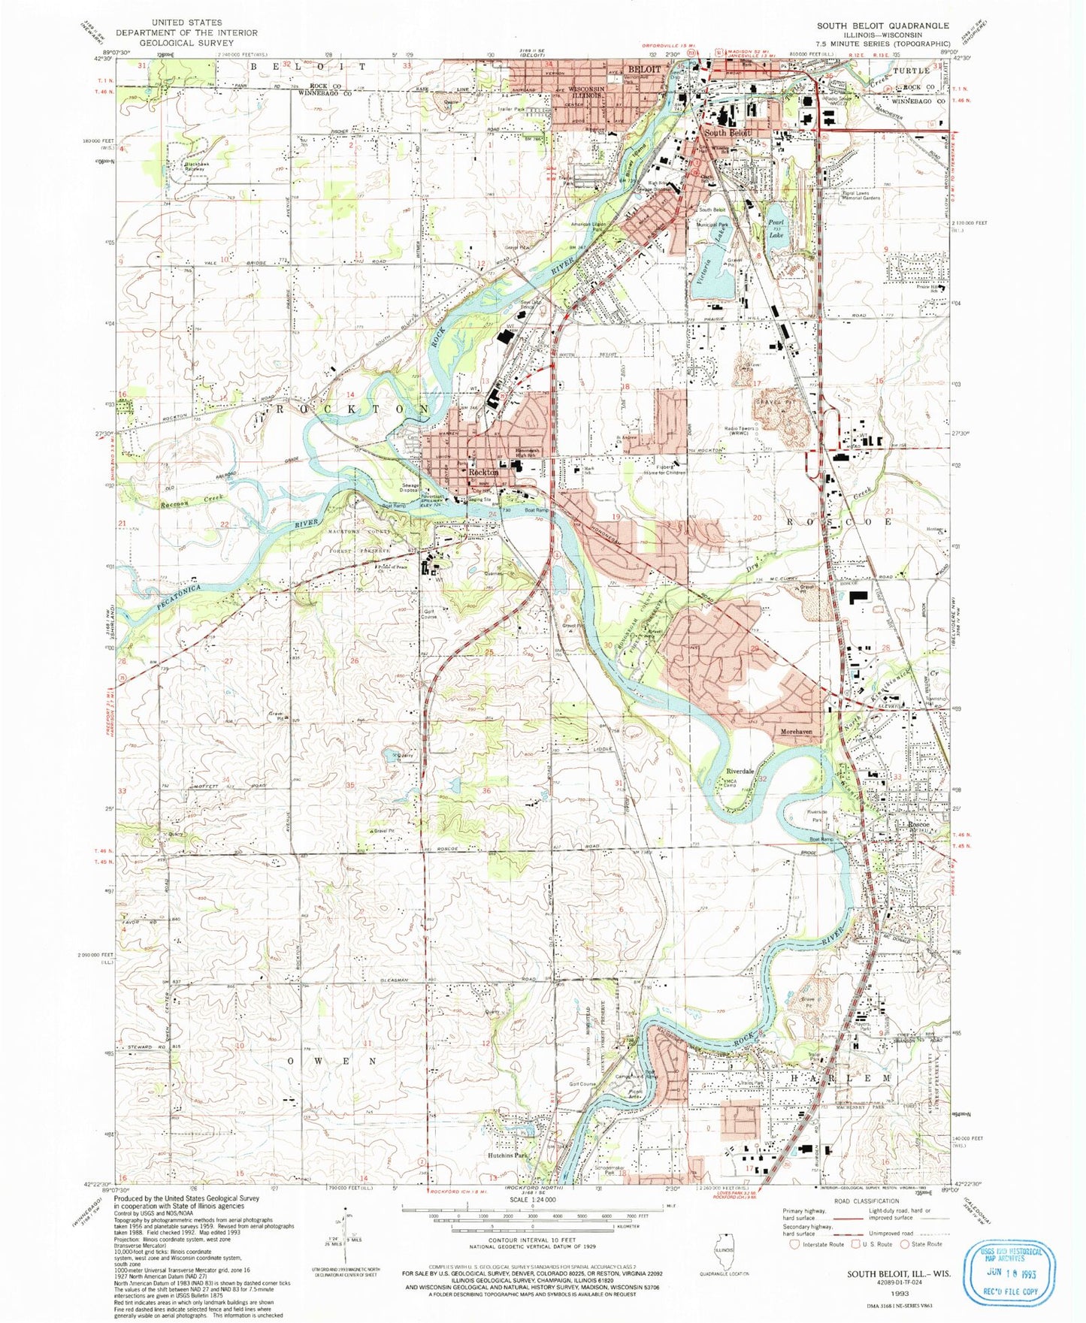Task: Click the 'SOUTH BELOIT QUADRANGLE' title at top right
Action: pos(882,26)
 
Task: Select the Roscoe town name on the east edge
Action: pos(918,825)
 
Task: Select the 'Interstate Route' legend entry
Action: pos(823,1244)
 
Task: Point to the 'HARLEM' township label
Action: pos(840,1078)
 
